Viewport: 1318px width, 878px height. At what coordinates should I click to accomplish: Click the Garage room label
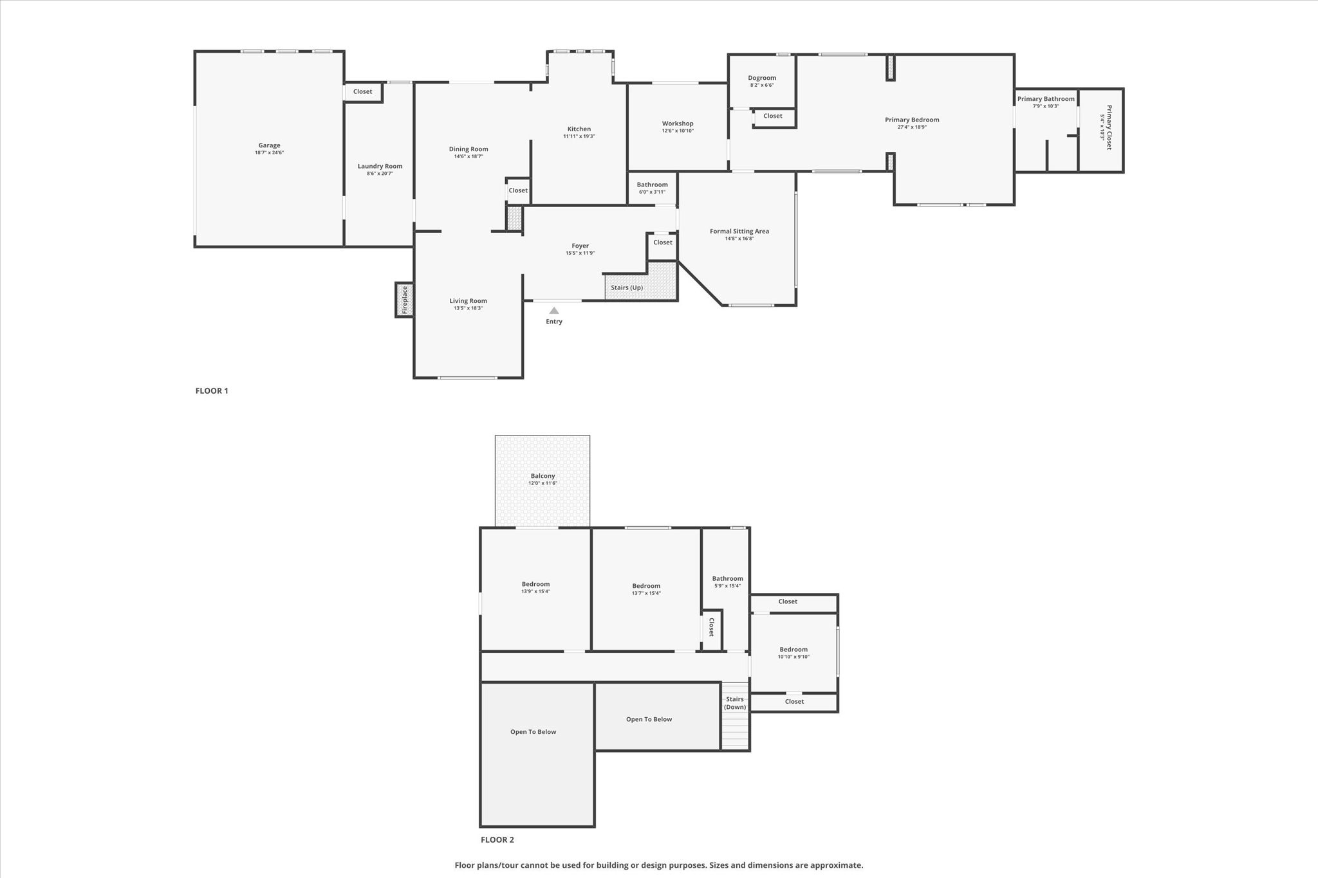click(x=269, y=145)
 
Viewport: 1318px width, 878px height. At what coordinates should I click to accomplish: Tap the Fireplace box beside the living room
click(x=404, y=300)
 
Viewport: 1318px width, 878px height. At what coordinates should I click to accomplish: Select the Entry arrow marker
click(x=554, y=311)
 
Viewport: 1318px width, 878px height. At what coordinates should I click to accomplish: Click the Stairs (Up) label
click(x=627, y=288)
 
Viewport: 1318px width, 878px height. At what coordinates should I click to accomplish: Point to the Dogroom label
click(x=762, y=78)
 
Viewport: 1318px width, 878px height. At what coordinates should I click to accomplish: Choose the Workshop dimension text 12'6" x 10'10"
click(x=678, y=131)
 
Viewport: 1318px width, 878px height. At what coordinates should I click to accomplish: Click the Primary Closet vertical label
click(x=1109, y=127)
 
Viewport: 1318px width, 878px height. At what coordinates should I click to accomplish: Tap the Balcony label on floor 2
click(x=543, y=476)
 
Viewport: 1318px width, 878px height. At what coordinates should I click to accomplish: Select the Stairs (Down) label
click(x=735, y=703)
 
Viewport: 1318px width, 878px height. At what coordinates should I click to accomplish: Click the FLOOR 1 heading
click(x=212, y=390)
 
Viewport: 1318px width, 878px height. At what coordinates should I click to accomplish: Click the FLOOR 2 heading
click(x=497, y=839)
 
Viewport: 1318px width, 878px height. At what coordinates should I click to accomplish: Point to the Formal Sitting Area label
click(x=739, y=231)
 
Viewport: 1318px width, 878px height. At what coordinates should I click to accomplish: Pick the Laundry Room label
click(x=380, y=166)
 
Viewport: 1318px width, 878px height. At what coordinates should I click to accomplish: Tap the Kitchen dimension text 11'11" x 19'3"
click(x=579, y=136)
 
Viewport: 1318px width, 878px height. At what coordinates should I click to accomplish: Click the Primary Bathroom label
click(x=1046, y=98)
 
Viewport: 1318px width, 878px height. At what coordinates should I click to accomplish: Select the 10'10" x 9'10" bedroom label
click(x=794, y=653)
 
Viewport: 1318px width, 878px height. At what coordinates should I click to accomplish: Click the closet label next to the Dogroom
click(x=773, y=116)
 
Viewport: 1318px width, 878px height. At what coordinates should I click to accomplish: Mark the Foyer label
click(x=580, y=246)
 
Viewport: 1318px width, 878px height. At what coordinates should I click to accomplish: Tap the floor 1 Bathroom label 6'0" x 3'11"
click(x=652, y=188)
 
